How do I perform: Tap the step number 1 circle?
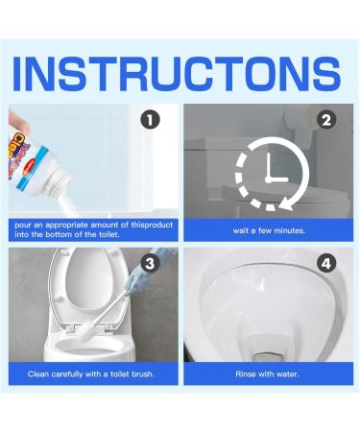(148, 121)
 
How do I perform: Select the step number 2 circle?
(326, 121)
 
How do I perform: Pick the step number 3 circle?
(148, 263)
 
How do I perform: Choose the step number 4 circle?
(326, 263)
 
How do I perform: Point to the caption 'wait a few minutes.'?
(268, 231)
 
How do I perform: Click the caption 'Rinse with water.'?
(268, 373)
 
